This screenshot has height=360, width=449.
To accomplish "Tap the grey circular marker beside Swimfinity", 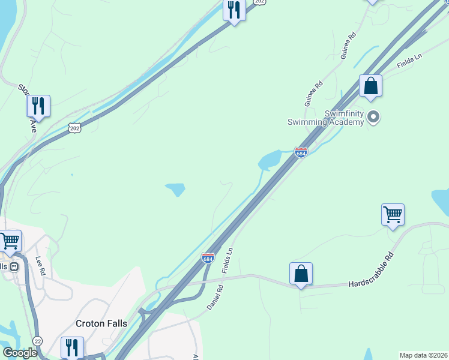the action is pyautogui.click(x=373, y=117).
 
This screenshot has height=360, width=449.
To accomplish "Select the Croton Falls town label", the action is pyautogui.click(x=101, y=323).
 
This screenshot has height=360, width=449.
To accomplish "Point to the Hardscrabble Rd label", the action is pyautogui.click(x=372, y=271).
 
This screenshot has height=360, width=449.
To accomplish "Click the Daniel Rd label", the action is pyautogui.click(x=215, y=297).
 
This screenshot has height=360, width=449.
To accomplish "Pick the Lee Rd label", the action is pyautogui.click(x=41, y=266).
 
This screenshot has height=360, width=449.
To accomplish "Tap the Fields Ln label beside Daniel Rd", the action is pyautogui.click(x=227, y=260).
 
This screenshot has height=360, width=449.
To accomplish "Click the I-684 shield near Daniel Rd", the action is pyautogui.click(x=208, y=257).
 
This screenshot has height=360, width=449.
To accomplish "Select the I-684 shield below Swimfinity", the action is pyautogui.click(x=301, y=152).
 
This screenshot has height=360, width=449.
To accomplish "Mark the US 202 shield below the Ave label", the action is pyautogui.click(x=74, y=128).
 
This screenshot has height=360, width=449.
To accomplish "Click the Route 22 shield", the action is pyautogui.click(x=38, y=340).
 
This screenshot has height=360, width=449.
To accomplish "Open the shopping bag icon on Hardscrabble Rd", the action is pyautogui.click(x=301, y=274).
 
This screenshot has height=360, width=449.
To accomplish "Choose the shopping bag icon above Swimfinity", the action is pyautogui.click(x=371, y=86).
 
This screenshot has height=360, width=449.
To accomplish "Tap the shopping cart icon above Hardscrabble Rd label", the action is pyautogui.click(x=393, y=215).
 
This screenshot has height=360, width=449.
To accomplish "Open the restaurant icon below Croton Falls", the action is pyautogui.click(x=71, y=347).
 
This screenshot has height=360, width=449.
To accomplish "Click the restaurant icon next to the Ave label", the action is pyautogui.click(x=38, y=106).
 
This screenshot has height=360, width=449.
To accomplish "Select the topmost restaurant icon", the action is pyautogui.click(x=234, y=10).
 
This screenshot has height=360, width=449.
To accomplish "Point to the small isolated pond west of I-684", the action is pyautogui.click(x=175, y=190).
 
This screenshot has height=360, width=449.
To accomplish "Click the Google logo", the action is pyautogui.click(x=20, y=353).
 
